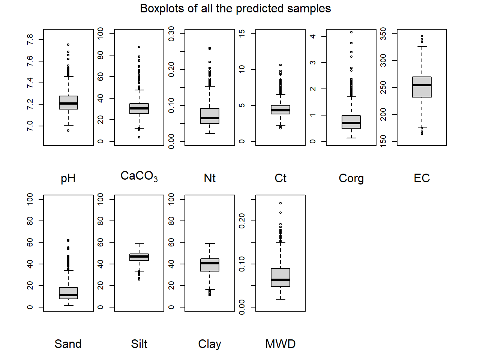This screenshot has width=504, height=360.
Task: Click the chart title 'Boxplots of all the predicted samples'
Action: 235,9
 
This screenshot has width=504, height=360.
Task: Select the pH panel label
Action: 68,178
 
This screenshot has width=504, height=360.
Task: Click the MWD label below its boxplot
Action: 280,344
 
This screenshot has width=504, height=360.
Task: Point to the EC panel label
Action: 421,178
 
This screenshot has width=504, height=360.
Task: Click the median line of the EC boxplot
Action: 421,85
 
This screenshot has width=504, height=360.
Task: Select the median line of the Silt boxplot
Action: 139,256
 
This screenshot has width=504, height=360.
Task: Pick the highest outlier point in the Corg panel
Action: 351,32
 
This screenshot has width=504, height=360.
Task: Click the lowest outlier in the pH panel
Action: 68,130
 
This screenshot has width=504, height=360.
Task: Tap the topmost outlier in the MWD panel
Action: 280,203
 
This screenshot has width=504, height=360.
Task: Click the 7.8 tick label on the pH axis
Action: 30,40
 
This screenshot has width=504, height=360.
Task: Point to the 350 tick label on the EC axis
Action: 383,34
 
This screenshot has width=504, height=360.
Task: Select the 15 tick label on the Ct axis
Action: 241,34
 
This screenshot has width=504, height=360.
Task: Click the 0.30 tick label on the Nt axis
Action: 171,34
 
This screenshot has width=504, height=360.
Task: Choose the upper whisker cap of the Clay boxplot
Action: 210,243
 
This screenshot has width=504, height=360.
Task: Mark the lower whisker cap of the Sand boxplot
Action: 68,306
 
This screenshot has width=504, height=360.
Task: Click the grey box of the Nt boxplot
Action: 210,116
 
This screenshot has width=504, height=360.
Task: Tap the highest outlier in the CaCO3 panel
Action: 139,47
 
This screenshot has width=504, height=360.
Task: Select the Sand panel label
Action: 68,344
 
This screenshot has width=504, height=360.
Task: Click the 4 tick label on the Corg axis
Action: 312,36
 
